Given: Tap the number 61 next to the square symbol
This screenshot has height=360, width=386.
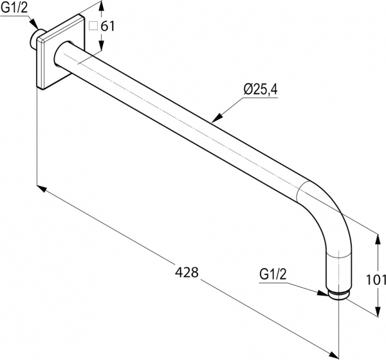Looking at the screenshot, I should click(x=107, y=26).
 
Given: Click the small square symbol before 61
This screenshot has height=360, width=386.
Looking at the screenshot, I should click(x=93, y=26).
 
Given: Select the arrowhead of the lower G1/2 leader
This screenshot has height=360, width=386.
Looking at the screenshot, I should click(x=324, y=294).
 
